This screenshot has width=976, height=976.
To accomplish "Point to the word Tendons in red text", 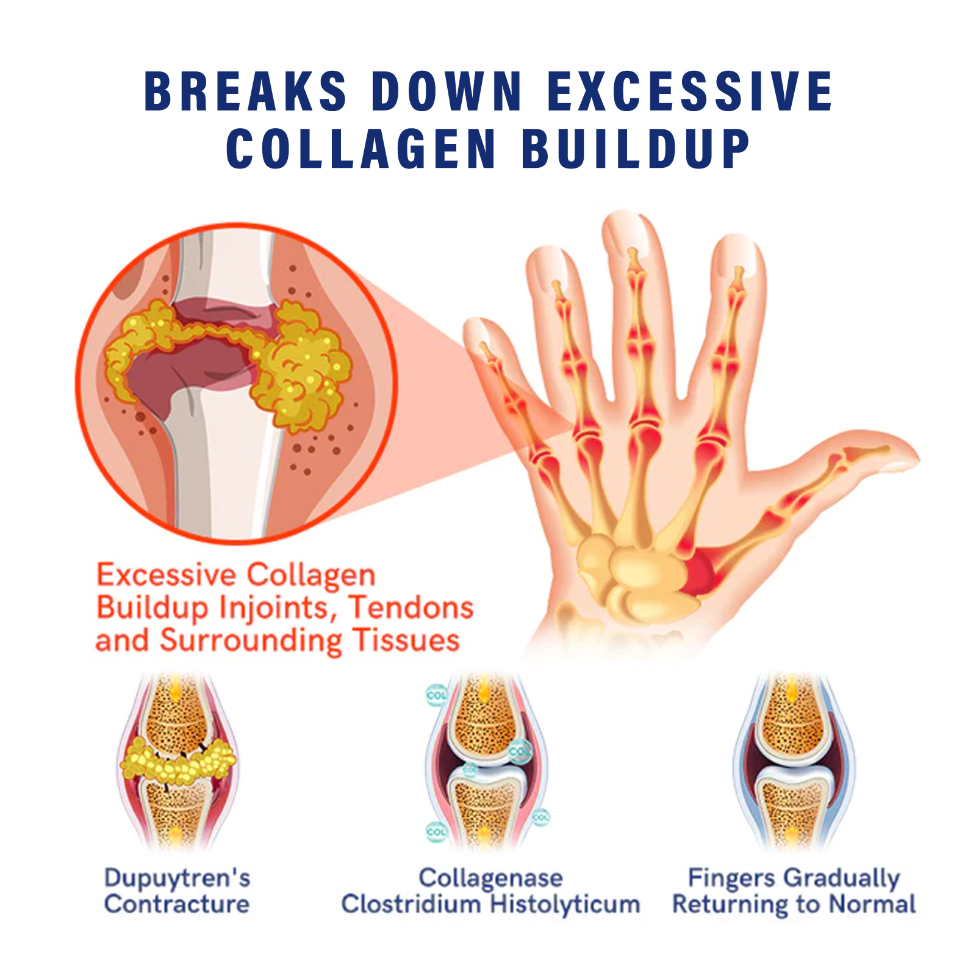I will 412,608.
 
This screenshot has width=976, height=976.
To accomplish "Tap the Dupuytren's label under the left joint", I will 177,878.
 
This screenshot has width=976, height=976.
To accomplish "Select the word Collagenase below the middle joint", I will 490,878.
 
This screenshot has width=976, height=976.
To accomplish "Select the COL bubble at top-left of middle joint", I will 436,695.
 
